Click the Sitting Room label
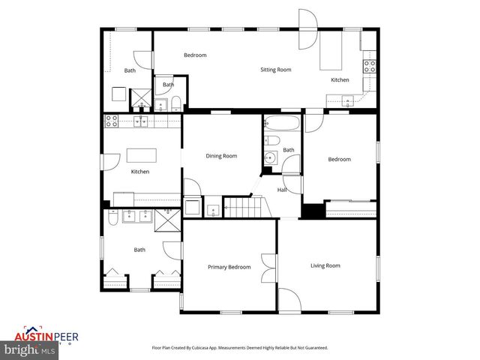275,70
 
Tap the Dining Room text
221,156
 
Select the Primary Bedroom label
229,267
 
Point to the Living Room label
325,265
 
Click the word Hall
282,190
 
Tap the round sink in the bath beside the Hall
269,157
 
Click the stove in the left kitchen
111,120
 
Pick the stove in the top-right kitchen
370,66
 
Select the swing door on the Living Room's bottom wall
290,300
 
